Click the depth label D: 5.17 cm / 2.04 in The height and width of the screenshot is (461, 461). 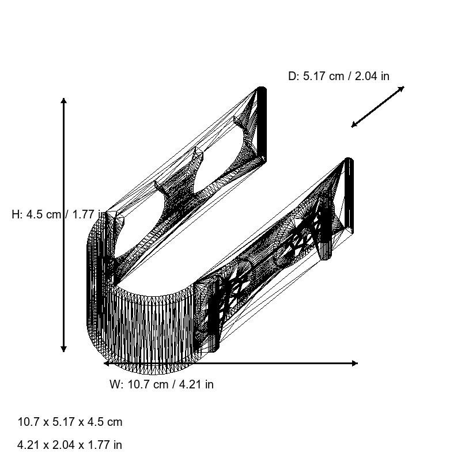click(x=339, y=76)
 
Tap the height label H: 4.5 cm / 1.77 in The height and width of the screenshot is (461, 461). click(x=59, y=214)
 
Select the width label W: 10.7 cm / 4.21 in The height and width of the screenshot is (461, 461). click(x=161, y=384)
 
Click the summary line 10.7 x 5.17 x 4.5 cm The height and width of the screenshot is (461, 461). click(x=70, y=422)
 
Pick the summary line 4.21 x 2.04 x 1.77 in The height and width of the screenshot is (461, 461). click(x=70, y=445)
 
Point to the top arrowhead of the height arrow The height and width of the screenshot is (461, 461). click(x=63, y=100)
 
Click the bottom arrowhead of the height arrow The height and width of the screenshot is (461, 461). click(x=63, y=349)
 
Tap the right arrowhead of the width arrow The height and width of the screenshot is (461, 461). click(x=355, y=364)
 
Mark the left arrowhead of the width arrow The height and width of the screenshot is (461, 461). click(x=107, y=364)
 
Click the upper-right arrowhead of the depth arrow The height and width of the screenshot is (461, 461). click(x=402, y=88)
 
